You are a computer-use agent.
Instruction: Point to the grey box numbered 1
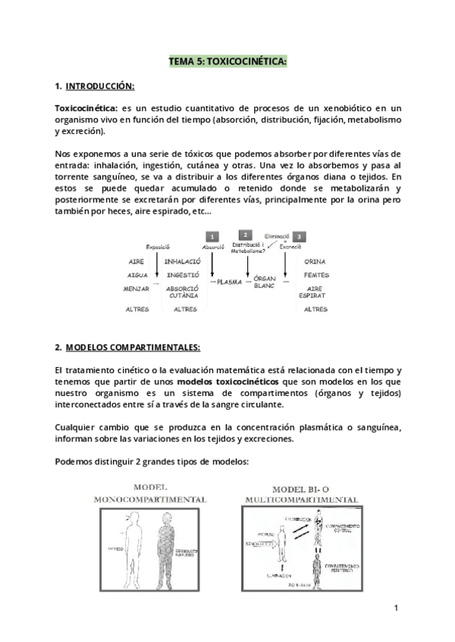pos(213,236)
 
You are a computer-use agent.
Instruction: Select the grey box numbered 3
pos(300,236)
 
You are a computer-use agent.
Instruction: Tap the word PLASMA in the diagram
pos(228,281)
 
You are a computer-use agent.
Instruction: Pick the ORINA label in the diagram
pos(315,262)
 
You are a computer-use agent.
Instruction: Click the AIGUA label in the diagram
pos(136,276)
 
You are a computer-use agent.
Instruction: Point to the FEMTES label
pos(315,276)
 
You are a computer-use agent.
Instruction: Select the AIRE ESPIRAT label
pos(315,293)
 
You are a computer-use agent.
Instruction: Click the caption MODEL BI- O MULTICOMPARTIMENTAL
pos(302,494)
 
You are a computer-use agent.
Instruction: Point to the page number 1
pos(396,608)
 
